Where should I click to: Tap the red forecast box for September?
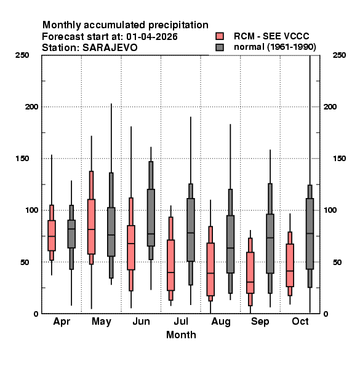(x=250, y=272)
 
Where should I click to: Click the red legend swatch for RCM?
(x=220, y=36)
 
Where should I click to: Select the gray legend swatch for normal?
(x=220, y=47)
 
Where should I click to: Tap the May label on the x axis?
(x=102, y=322)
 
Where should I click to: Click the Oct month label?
(x=300, y=321)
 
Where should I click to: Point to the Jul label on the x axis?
(x=181, y=321)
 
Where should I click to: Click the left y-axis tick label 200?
(x=31, y=106)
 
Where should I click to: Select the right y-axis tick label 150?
(x=339, y=159)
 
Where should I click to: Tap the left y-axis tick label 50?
(x=25, y=262)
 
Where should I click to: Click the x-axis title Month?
(x=181, y=335)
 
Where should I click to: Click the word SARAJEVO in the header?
(x=110, y=47)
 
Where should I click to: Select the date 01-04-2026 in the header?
(x=152, y=37)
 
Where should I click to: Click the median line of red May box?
(x=91, y=229)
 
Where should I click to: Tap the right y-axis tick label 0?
(x=326, y=314)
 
